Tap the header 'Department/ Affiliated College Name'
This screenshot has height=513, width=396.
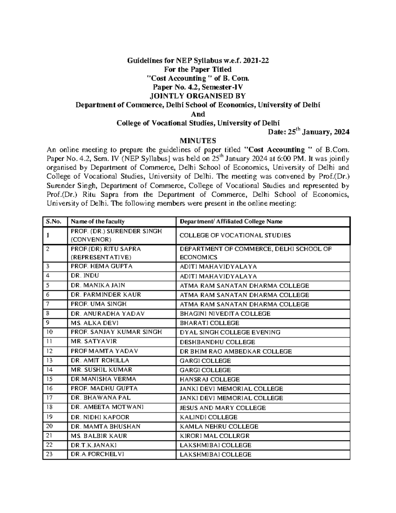(231, 222)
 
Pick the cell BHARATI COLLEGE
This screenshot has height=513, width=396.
(209, 323)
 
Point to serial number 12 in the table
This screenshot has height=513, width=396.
(49, 351)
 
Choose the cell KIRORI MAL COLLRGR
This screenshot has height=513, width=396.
(214, 436)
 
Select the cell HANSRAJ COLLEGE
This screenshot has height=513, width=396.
(210, 380)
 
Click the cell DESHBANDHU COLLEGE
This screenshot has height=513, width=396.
(217, 342)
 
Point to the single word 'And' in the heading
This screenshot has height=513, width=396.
(198, 114)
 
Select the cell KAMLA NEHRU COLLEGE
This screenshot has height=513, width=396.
(219, 426)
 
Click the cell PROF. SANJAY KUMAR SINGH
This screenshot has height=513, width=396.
(116, 332)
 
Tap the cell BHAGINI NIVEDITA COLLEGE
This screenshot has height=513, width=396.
(225, 314)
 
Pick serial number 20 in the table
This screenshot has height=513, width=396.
(49, 426)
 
